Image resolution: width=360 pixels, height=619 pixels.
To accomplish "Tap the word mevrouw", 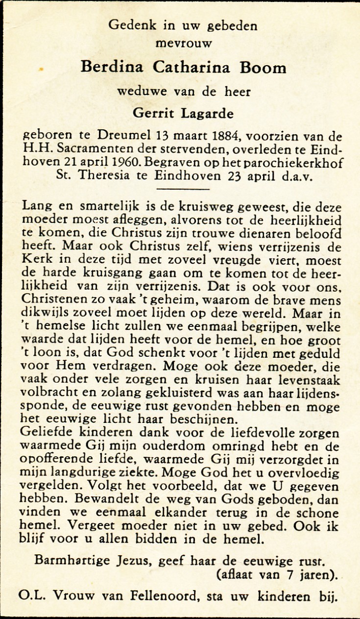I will pos(184,44).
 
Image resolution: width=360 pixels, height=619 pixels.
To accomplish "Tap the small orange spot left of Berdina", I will pos(40,69).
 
